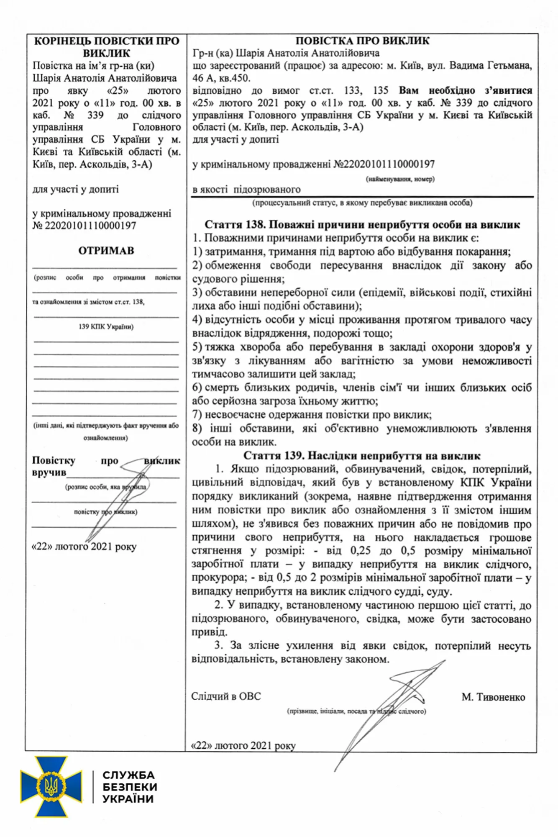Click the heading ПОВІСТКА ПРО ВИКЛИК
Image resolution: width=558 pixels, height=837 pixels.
362,41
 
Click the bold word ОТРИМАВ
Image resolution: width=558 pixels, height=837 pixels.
106,251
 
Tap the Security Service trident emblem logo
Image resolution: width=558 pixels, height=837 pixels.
51,787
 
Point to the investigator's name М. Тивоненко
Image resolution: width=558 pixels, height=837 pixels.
493,697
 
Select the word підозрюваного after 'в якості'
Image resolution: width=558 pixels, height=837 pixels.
267,190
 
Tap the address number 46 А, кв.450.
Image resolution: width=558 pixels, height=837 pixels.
221,78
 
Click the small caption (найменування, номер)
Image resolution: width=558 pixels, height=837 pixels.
400,179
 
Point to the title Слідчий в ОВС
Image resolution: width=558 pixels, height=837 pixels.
226,696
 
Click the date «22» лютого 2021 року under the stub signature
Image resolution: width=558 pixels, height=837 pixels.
84,547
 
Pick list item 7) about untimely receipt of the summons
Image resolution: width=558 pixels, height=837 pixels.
312,415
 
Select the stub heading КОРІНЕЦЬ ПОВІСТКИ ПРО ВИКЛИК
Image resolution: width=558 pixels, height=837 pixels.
106,47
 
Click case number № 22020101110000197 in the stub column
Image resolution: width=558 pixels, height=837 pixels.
84,226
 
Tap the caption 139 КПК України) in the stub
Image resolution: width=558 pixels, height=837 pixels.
106,327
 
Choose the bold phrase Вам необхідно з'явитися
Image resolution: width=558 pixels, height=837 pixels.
465,90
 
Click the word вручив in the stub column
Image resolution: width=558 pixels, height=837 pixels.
49,472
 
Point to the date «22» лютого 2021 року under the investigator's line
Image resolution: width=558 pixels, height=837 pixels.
243,746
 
